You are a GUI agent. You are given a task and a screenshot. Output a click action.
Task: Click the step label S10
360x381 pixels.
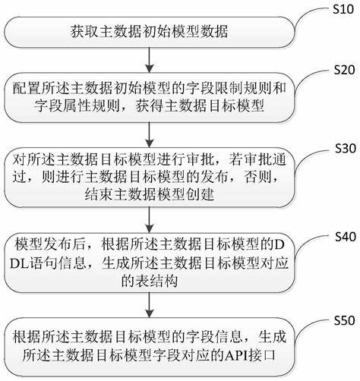coord(343,9)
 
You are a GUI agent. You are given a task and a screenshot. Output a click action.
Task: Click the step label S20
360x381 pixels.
coord(344,70)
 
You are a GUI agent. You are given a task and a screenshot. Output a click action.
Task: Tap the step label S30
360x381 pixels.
coord(346,148)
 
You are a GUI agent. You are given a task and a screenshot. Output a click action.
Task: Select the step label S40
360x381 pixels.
coord(346,237)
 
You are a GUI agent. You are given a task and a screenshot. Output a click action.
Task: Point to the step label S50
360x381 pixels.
coord(344,320)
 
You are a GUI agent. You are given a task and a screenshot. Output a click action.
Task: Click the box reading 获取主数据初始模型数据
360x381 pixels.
coord(150,32)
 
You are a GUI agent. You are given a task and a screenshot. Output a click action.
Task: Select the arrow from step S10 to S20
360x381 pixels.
coord(150,60)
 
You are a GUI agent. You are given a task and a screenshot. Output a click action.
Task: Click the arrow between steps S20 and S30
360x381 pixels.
coord(150,134)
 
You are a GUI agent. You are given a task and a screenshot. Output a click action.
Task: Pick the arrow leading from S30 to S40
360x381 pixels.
coord(150,220)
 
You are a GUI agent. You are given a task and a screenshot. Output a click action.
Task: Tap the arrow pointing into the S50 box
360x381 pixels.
coord(150,305)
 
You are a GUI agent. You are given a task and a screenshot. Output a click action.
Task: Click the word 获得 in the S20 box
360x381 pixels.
coord(150,105)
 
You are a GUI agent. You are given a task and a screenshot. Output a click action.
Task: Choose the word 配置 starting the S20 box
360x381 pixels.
coord(27,88)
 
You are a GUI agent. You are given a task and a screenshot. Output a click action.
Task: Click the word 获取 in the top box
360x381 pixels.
coord(84,32)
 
